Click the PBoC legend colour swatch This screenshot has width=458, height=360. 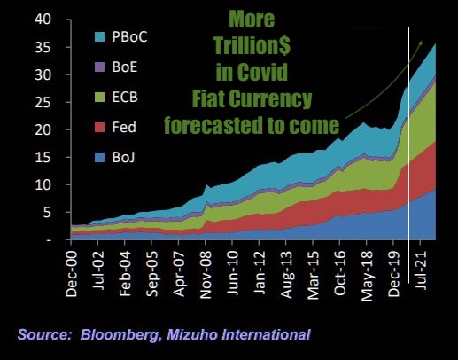click(x=99, y=37)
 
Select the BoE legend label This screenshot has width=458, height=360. click(x=125, y=67)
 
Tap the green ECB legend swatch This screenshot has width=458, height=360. click(x=99, y=98)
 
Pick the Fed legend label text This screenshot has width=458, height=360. click(x=124, y=128)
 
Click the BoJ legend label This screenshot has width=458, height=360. click(x=123, y=158)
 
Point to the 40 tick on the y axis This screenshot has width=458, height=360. click(x=43, y=20)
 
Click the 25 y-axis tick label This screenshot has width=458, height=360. click(x=43, y=102)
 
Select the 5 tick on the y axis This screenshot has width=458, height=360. click(x=47, y=213)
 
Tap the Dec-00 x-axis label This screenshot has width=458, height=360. click(x=71, y=274)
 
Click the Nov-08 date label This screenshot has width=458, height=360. click(x=206, y=275)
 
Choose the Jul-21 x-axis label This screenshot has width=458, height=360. click(x=421, y=270)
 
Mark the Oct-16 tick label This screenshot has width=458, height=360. click(x=340, y=273)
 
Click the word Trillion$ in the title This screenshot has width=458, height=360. click(x=252, y=46)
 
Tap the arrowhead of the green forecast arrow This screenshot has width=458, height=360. click(x=421, y=43)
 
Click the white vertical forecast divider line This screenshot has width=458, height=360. click(x=408, y=155)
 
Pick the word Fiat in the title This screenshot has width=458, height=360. click(x=208, y=98)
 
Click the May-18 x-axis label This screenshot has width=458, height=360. click(x=367, y=276)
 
